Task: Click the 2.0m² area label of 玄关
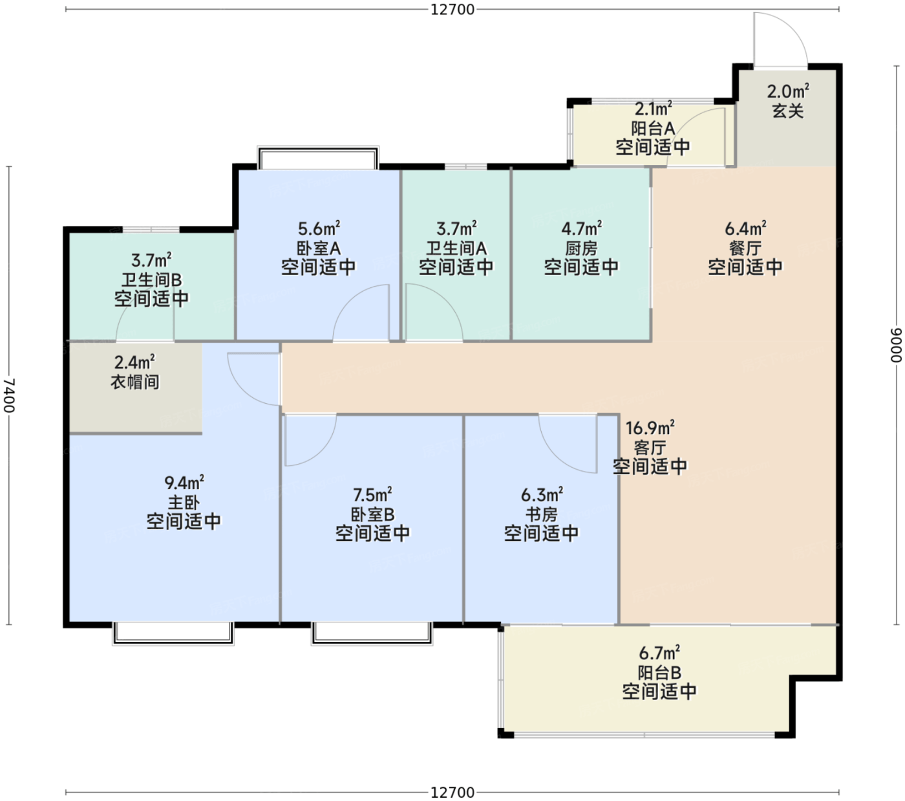[x=787, y=92]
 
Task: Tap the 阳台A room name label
[x=653, y=129]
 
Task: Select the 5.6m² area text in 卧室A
[x=319, y=228]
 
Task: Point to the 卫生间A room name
[x=456, y=248]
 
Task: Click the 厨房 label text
[x=581, y=248]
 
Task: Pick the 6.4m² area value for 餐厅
[x=745, y=228]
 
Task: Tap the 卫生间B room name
[x=151, y=280]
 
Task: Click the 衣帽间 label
[x=135, y=382]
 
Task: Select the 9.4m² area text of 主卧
[x=184, y=483]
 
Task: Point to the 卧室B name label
[x=372, y=514]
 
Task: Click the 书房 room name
[x=542, y=514]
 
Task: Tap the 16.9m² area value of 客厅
[x=650, y=428]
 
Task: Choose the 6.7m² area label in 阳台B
[x=659, y=653]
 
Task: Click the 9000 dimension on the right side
[x=897, y=345]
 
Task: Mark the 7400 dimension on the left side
[x=10, y=395]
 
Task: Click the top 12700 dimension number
[x=452, y=10]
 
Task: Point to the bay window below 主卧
[x=173, y=633]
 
